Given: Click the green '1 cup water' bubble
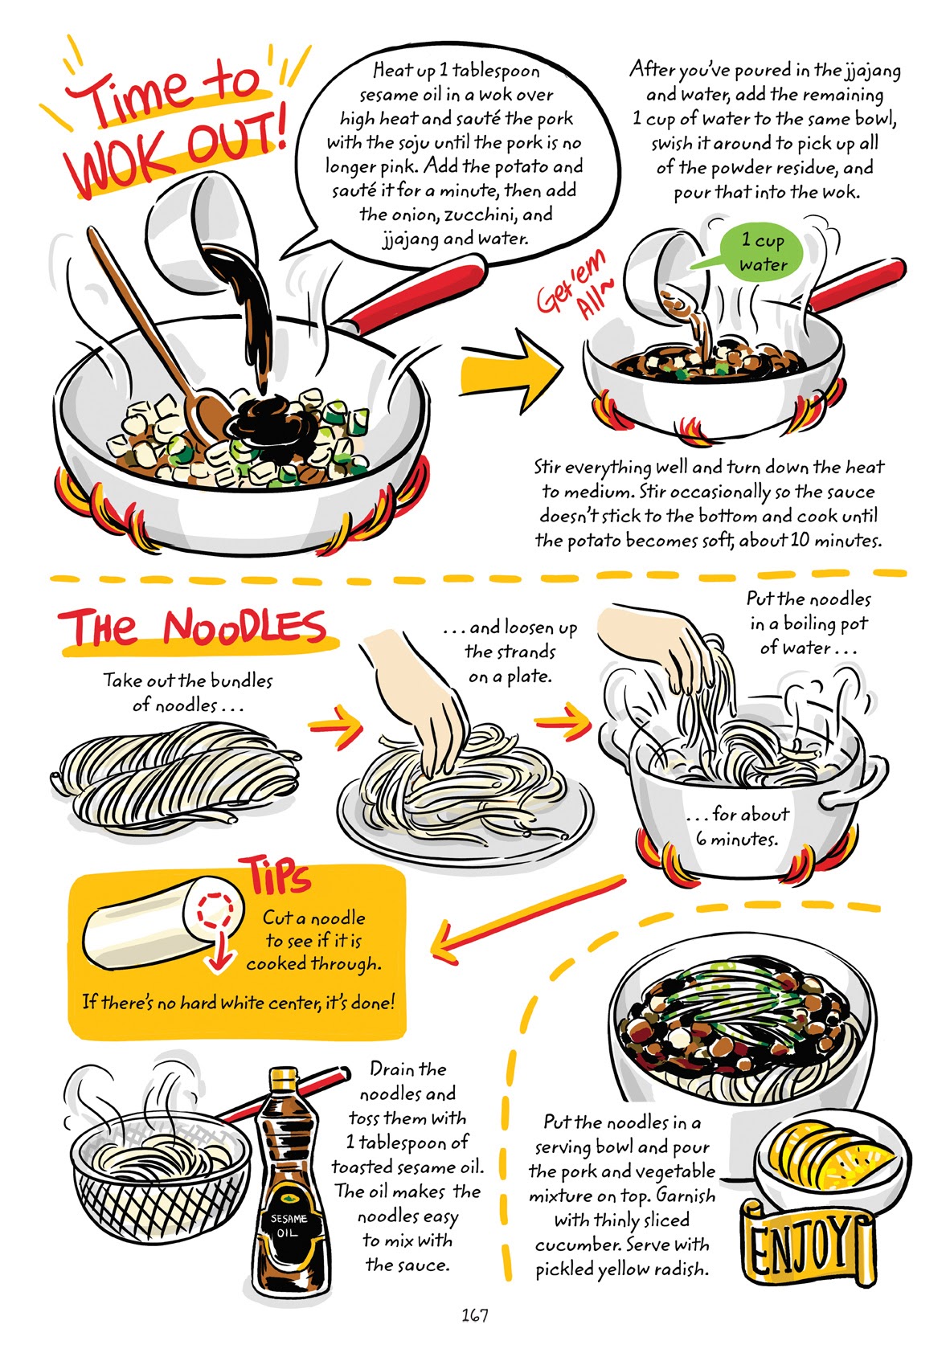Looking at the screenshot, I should [x=760, y=251].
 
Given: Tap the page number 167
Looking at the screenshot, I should [x=474, y=1315].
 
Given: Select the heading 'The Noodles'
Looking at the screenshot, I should [x=193, y=627].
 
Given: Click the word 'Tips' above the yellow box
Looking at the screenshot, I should [x=275, y=876].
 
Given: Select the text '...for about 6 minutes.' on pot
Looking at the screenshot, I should [x=737, y=826].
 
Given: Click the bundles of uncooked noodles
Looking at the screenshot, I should [x=177, y=775].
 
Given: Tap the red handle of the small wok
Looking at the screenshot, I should [x=856, y=285].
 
